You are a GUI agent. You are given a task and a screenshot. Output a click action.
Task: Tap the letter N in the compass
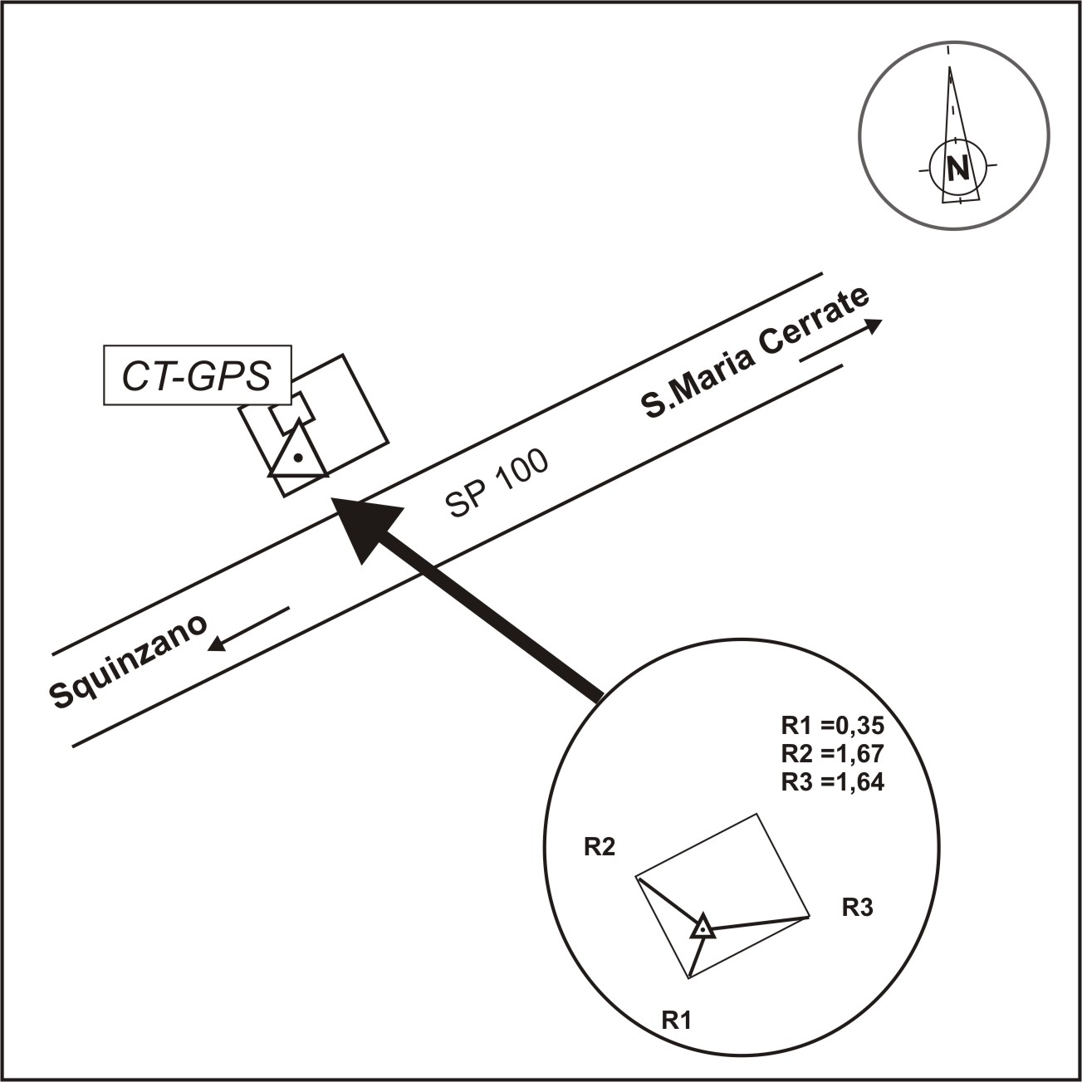[x=957, y=167]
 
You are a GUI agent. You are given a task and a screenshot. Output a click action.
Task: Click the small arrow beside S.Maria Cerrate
[x=840, y=340]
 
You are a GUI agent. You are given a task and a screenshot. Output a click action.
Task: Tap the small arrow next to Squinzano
[x=248, y=629]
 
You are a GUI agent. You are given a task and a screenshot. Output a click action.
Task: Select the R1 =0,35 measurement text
[x=833, y=725]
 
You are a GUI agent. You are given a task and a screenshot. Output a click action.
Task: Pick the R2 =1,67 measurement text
[x=833, y=753]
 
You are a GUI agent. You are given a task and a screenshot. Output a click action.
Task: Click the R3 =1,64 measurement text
[x=833, y=781]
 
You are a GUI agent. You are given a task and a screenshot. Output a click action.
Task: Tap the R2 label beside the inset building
[x=600, y=847]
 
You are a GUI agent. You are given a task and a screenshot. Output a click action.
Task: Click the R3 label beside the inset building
[x=858, y=907]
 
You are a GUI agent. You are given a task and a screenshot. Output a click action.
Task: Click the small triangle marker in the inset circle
[x=703, y=928]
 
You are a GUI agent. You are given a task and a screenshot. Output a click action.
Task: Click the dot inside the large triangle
[x=298, y=458]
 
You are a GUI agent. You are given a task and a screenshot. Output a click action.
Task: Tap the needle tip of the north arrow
[x=949, y=67]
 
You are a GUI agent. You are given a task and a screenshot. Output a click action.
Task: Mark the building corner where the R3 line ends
[x=809, y=917]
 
